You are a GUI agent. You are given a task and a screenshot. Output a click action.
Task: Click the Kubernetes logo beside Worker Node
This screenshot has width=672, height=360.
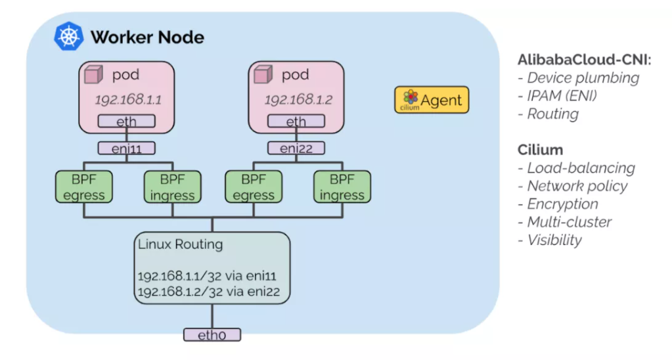pyautogui.click(x=69, y=36)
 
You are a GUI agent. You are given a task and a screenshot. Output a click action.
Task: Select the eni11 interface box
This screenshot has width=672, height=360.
pyautogui.click(x=127, y=148)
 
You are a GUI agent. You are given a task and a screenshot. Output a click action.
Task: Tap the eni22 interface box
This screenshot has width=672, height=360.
pyautogui.click(x=296, y=148)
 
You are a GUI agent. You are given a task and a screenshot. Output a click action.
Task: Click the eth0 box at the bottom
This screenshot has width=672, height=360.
pyautogui.click(x=212, y=335)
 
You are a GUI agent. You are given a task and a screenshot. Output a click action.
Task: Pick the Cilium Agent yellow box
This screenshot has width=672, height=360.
pyautogui.click(x=432, y=101)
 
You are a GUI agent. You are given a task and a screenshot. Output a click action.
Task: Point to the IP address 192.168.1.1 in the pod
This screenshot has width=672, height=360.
pyautogui.click(x=128, y=100)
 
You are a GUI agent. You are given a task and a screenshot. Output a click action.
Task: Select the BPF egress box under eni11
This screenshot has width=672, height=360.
pyautogui.click(x=84, y=187)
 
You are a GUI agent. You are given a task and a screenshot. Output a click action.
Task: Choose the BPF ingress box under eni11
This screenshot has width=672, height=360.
pyautogui.click(x=172, y=187)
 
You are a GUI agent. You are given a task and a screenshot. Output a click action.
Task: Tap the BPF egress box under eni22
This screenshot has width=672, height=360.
pyautogui.click(x=254, y=187)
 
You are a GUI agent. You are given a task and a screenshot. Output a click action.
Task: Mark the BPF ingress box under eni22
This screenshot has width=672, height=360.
pyautogui.click(x=342, y=187)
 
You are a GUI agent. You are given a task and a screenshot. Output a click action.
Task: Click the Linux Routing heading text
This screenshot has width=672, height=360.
pyautogui.click(x=180, y=245)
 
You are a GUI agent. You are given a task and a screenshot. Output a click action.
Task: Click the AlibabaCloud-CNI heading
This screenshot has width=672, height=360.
pyautogui.click(x=584, y=60)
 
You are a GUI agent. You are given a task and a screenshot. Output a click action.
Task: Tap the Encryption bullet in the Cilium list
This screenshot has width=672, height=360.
pyautogui.click(x=562, y=204)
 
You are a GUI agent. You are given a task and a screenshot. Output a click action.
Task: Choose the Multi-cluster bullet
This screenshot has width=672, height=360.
pyautogui.click(x=569, y=222)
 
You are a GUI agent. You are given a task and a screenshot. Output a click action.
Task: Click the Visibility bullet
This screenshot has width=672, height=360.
pyautogui.click(x=554, y=240)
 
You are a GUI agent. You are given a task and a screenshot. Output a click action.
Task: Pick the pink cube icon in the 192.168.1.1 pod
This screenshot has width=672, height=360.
pyautogui.click(x=96, y=76)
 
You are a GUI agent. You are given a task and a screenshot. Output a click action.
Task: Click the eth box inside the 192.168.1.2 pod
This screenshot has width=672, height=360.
pyautogui.click(x=296, y=122)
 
